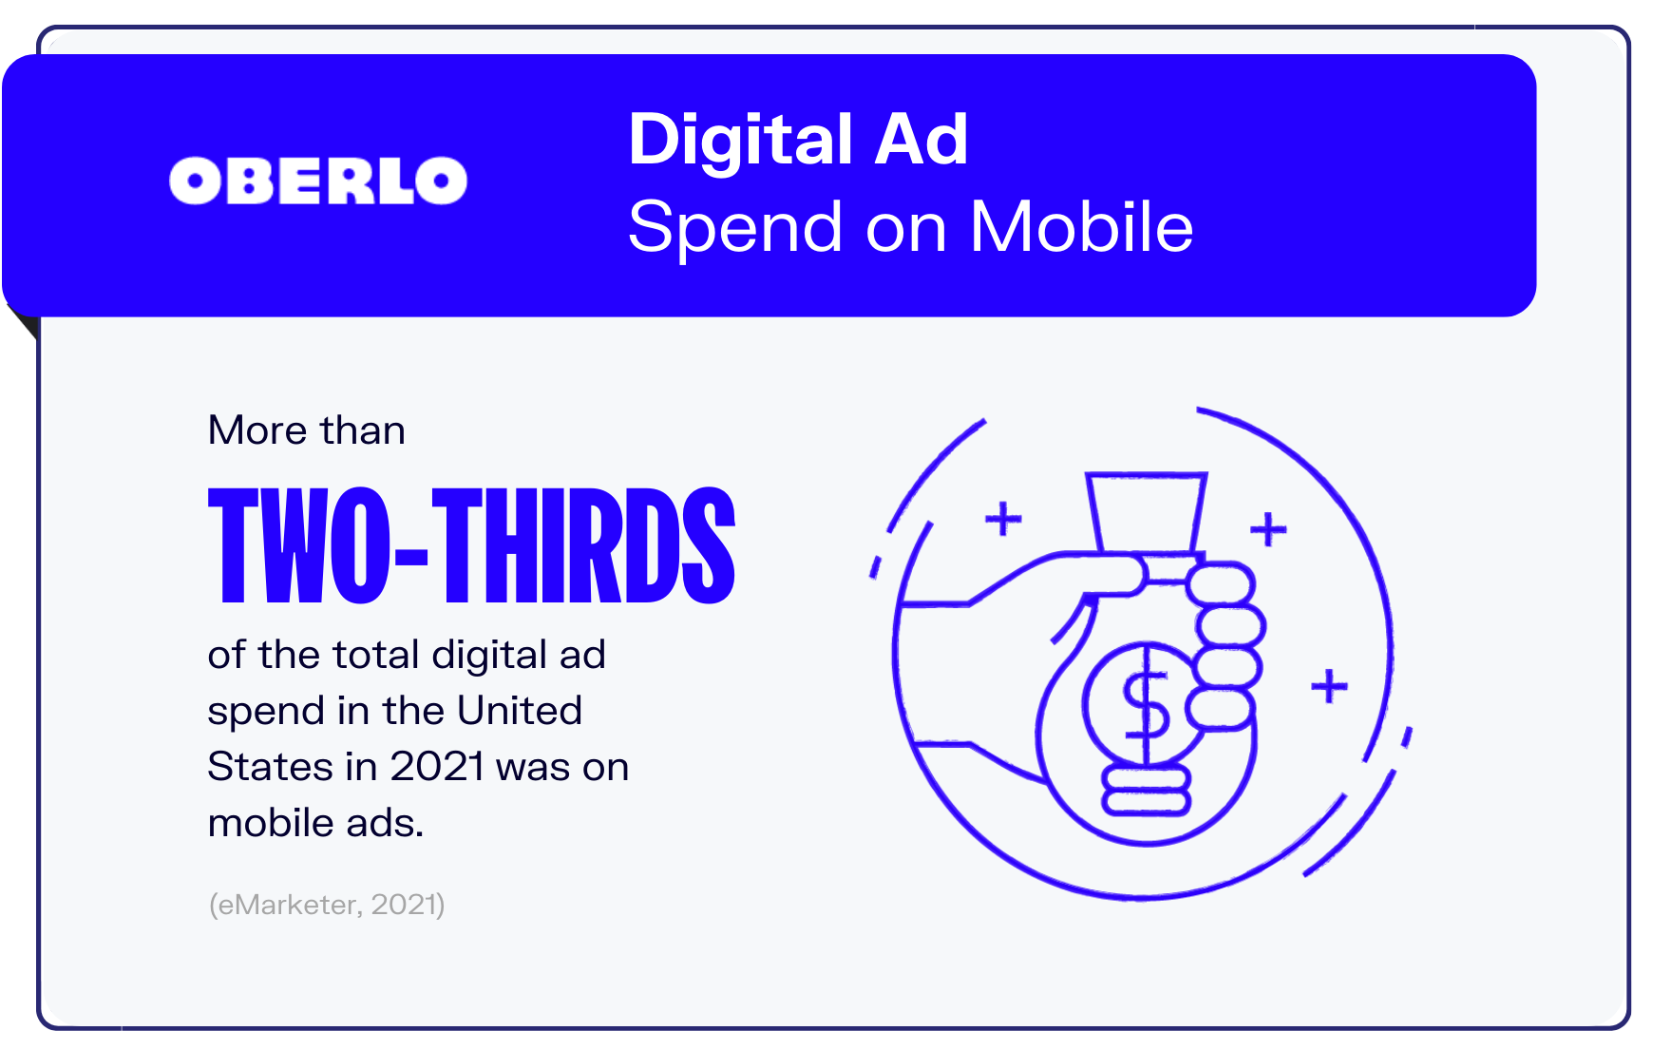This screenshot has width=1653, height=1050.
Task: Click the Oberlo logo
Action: [318, 181]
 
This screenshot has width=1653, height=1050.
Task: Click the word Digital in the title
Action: [741, 141]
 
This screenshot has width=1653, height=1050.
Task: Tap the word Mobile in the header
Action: [1081, 227]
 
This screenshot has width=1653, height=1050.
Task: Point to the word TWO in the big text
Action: [299, 545]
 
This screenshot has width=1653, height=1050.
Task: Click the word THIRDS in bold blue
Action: [583, 545]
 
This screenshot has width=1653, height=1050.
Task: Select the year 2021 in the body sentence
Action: [438, 767]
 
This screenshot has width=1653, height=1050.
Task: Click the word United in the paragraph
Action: [519, 711]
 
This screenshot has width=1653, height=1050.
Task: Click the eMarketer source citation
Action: [327, 904]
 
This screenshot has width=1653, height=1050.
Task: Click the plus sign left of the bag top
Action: [1003, 519]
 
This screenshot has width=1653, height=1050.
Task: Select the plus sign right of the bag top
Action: [1268, 529]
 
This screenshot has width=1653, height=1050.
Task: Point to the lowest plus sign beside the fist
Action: [1330, 686]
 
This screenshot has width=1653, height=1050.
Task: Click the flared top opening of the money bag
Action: [1147, 512]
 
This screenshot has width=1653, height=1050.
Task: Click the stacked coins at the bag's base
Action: [1147, 791]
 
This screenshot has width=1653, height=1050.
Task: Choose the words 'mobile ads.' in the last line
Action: [315, 823]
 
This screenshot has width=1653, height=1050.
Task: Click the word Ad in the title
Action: [921, 141]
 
